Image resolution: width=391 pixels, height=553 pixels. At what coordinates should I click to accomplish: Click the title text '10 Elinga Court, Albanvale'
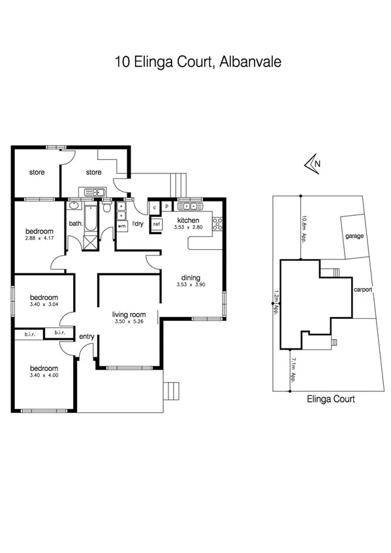coord(197,63)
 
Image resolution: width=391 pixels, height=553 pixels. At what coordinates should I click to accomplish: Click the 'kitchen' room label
coord(188,220)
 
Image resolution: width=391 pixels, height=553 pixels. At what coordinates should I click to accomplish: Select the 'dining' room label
coord(191,277)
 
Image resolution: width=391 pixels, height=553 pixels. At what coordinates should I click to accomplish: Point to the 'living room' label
coord(128,314)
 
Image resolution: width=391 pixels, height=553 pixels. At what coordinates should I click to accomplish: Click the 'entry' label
coord(86,336)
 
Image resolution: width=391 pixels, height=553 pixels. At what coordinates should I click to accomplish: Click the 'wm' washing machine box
coord(121,226)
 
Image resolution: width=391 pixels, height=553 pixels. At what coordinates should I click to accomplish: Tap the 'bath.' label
coord(76,224)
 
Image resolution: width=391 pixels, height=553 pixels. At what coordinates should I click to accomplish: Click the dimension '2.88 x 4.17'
coord(39,239)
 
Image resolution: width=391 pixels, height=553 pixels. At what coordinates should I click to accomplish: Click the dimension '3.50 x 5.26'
coord(128,321)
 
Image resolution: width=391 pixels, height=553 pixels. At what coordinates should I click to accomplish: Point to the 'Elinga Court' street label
coord(330,399)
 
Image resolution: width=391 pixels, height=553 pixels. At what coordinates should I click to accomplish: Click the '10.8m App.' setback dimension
coord(304,229)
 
